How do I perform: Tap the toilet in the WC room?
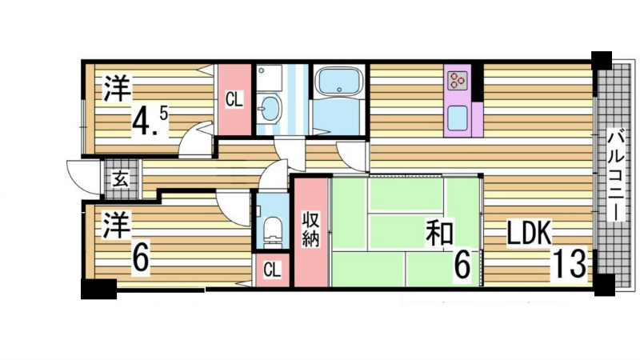click(x=272, y=229)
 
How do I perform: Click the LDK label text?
click(x=529, y=234)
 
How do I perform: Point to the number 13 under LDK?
click(x=571, y=264)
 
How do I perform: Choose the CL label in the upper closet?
click(x=234, y=100)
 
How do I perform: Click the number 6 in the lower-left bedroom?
click(x=140, y=258)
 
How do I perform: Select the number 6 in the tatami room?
click(x=462, y=265)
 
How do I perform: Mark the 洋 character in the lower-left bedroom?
click(x=116, y=225)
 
